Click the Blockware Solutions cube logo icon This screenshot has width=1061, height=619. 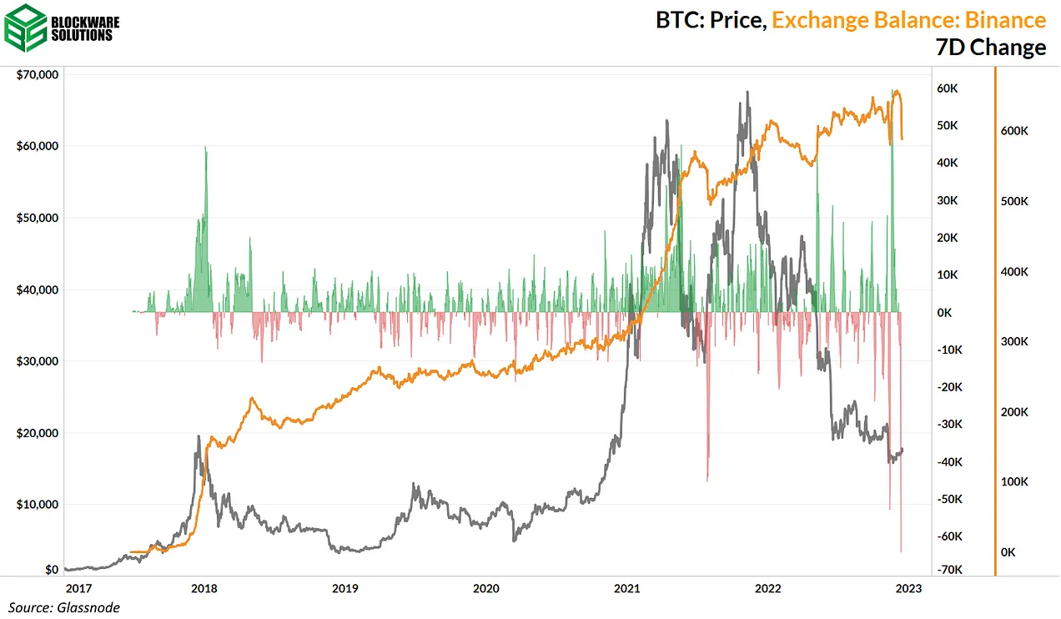26,28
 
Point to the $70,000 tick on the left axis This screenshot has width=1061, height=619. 38,74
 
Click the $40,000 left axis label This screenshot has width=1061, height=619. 38,289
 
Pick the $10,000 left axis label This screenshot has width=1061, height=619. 38,505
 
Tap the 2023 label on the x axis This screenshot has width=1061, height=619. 908,588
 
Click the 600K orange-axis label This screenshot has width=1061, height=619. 1015,131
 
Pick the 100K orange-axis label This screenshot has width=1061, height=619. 1015,482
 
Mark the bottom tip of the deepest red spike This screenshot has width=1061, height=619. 901,551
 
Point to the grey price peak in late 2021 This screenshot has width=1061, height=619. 747,93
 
